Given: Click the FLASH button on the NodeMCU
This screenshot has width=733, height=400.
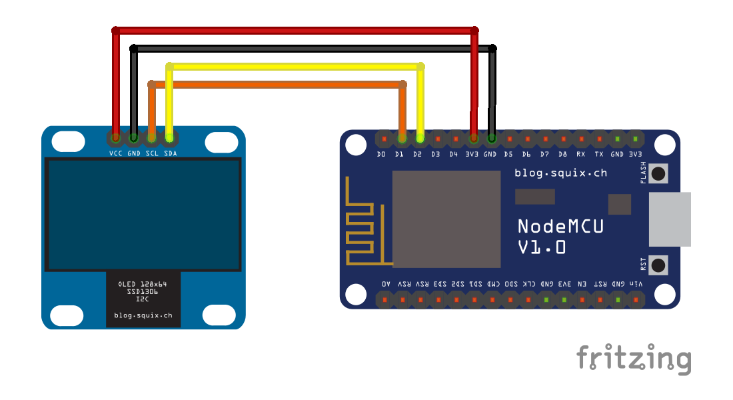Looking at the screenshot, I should pyautogui.click(x=658, y=174).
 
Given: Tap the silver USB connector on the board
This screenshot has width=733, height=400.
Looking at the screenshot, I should pyautogui.click(x=669, y=219).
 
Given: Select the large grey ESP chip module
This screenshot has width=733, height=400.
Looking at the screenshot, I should pyautogui.click(x=446, y=219).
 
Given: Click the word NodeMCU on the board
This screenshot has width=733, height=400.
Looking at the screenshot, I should pyautogui.click(x=560, y=226).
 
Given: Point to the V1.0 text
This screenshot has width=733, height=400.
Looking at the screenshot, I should pyautogui.click(x=542, y=247).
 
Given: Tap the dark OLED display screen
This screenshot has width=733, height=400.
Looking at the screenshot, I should pyautogui.click(x=143, y=214).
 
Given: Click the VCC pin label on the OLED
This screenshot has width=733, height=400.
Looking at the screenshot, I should pyautogui.click(x=116, y=153).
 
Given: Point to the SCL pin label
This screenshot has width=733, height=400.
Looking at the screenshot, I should pyautogui.click(x=151, y=153).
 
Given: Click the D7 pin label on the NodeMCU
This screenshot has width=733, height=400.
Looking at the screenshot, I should pyautogui.click(x=545, y=154).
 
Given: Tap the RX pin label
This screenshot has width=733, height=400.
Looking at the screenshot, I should pyautogui.click(x=581, y=154).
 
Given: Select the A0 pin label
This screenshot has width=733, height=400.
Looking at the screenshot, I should pyautogui.click(x=386, y=283).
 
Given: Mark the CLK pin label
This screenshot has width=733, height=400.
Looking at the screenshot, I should pyautogui.click(x=527, y=283).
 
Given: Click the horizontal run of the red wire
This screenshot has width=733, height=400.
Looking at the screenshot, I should pyautogui.click(x=293, y=31).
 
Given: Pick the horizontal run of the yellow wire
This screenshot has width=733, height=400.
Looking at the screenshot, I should pyautogui.click(x=293, y=67).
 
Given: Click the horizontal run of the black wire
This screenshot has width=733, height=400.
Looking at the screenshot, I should pyautogui.click(x=313, y=49).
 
